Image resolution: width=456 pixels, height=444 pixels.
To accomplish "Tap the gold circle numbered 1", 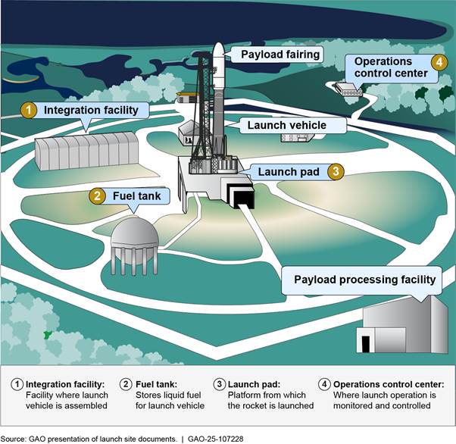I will click(28, 111).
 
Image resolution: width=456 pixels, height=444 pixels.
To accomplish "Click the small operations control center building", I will click(351, 91).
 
